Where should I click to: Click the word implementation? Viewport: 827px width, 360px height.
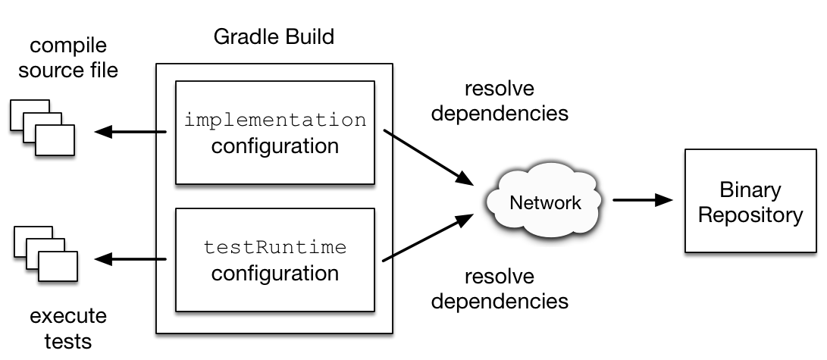tap(275, 120)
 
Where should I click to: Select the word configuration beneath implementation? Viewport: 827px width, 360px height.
tap(275, 145)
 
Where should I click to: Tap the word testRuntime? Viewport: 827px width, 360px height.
tap(275, 247)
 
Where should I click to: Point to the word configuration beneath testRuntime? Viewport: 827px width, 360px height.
tap(275, 272)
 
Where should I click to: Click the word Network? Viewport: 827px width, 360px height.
tap(545, 202)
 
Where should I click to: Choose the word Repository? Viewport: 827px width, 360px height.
tap(750, 214)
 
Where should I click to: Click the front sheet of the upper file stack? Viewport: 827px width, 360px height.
tap(55, 141)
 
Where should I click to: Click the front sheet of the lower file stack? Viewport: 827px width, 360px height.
tap(58, 267)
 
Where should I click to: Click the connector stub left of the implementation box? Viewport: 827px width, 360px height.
tap(161, 132)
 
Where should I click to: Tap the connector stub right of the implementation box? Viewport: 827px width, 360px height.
tap(387, 133)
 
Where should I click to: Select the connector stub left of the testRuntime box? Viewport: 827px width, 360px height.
tap(161, 259)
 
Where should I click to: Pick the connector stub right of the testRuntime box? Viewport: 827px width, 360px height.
tap(387, 258)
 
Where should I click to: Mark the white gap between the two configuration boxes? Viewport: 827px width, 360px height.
tap(275, 196)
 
